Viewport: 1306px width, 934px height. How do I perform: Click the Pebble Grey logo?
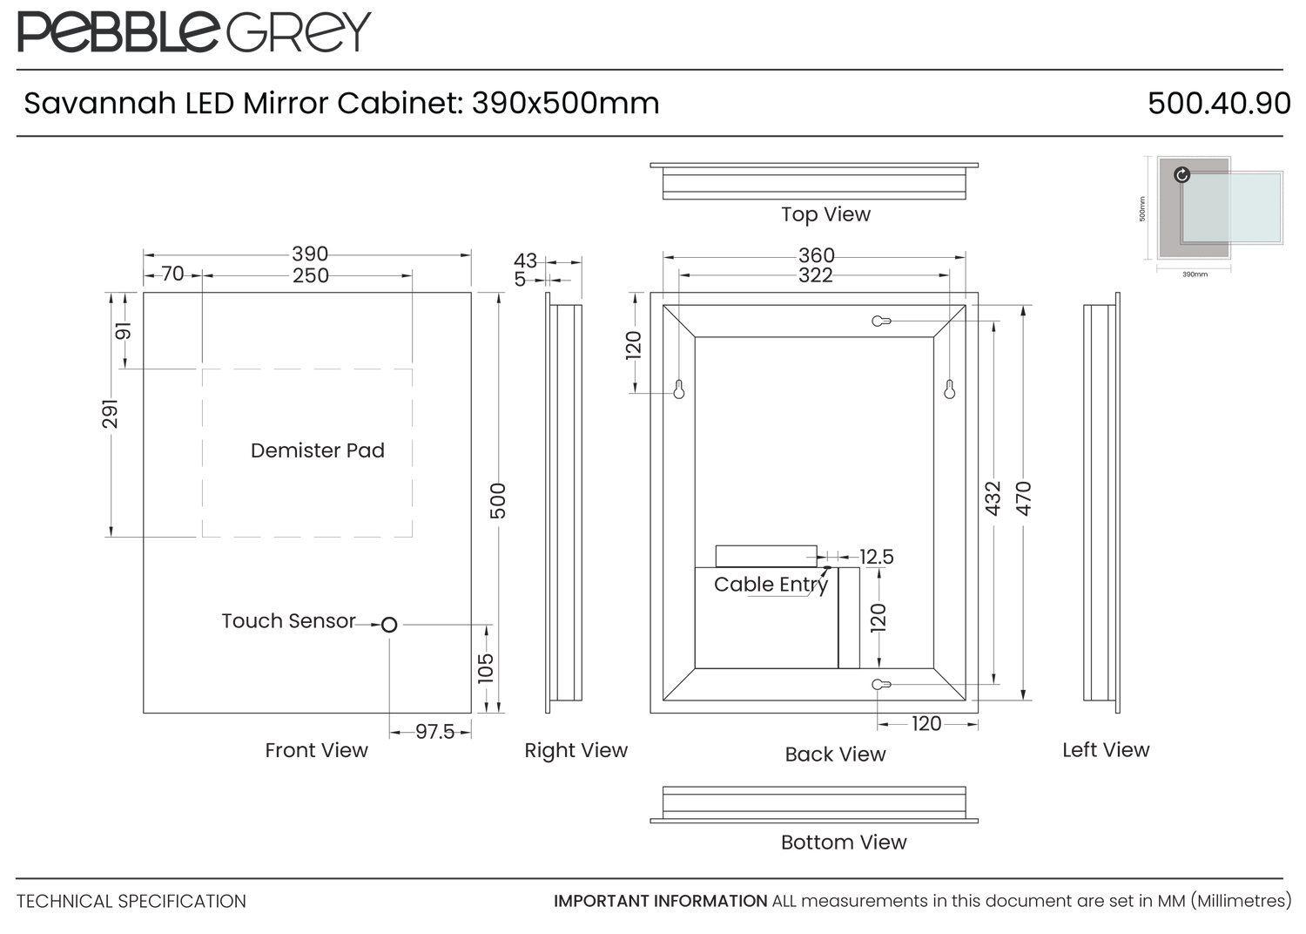point(194,31)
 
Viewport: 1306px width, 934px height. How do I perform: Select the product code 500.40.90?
point(1219,104)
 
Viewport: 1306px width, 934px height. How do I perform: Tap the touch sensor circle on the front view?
point(389,625)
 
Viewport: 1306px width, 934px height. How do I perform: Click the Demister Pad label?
point(318,450)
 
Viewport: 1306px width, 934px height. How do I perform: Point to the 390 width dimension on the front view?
point(310,254)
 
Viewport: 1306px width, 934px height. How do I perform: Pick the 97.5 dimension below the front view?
point(434,732)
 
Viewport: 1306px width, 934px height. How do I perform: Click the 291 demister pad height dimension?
point(111,414)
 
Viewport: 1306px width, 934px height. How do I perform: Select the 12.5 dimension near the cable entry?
point(876,557)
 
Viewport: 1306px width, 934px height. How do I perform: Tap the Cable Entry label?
point(771,585)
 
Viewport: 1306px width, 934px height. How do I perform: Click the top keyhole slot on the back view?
point(881,321)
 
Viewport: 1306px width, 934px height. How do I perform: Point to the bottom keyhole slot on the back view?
point(881,684)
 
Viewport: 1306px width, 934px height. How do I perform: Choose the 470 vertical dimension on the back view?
point(1024,498)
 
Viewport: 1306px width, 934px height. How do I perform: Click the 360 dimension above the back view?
point(817,255)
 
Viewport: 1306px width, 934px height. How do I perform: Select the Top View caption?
point(825,214)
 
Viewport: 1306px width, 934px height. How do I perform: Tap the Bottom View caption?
point(844,843)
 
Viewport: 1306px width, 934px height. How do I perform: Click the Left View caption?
point(1106,749)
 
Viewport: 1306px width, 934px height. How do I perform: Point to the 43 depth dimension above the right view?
point(525,261)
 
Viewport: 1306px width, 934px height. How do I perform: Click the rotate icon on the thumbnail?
point(1181,174)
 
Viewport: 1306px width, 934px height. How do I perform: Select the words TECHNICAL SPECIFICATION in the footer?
point(131,902)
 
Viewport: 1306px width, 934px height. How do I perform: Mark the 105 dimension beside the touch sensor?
point(486,668)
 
